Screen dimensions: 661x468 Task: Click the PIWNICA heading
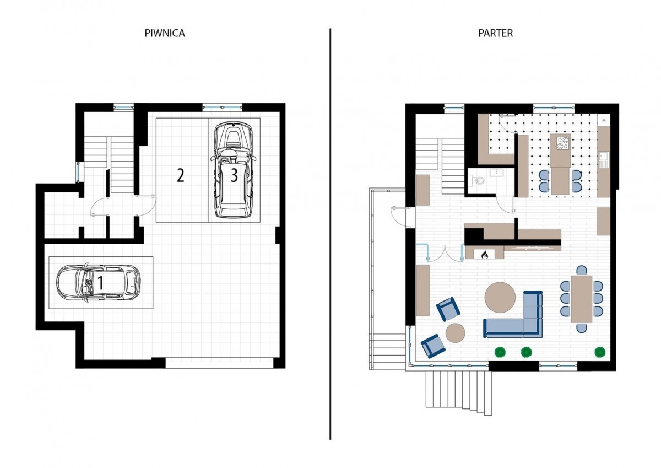point(165,33)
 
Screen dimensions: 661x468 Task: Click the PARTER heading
point(495,33)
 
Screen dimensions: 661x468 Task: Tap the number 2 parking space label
point(180,175)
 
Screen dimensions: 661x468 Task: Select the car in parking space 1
point(99,283)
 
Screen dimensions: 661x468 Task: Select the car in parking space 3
point(234,170)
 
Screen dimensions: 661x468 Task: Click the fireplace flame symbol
point(484,255)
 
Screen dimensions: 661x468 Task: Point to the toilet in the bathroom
point(477,180)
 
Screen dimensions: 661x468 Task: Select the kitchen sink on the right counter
point(604,160)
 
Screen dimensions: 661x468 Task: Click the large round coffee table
point(500,297)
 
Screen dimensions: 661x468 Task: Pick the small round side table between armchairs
point(455,333)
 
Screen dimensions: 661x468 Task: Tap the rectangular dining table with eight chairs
point(581,299)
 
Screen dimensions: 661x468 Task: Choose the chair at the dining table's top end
point(581,270)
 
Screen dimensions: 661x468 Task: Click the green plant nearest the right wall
point(600,352)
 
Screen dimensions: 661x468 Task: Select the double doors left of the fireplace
point(445,253)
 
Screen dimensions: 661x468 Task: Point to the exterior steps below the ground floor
point(458,392)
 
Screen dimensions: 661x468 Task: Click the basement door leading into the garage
point(146,205)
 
